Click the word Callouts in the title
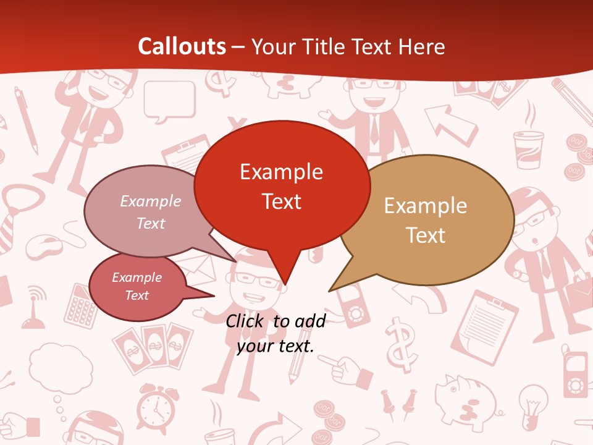pyautogui.click(x=182, y=46)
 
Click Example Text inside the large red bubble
pyautogui.click(x=281, y=186)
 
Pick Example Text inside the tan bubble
pyautogui.click(x=426, y=220)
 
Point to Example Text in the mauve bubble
pyautogui.click(x=151, y=211)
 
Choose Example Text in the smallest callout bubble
pyautogui.click(x=137, y=286)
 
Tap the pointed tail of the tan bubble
pyautogui.click(x=337, y=286)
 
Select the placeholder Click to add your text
pyautogui.click(x=275, y=333)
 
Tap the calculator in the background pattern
pyautogui.click(x=81, y=305)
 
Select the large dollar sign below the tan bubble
pyautogui.click(x=402, y=344)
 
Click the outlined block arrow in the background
pyautogui.click(x=450, y=124)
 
